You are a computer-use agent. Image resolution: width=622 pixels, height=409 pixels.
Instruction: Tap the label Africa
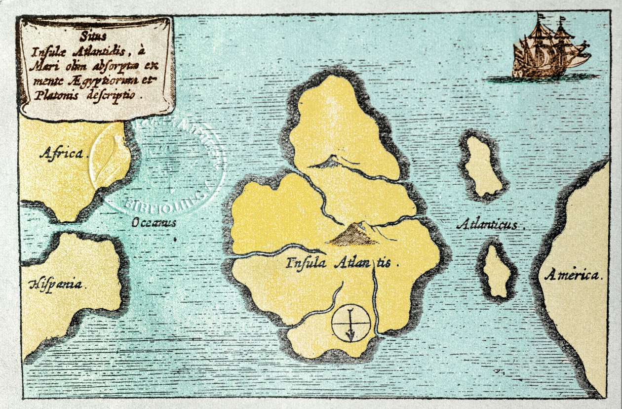pos(62,154)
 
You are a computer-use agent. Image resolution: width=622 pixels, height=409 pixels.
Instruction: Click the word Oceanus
pos(154,223)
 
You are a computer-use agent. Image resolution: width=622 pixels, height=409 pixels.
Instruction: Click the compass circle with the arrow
pos(350,323)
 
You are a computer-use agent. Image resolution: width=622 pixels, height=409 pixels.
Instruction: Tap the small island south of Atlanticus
pos(497,271)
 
